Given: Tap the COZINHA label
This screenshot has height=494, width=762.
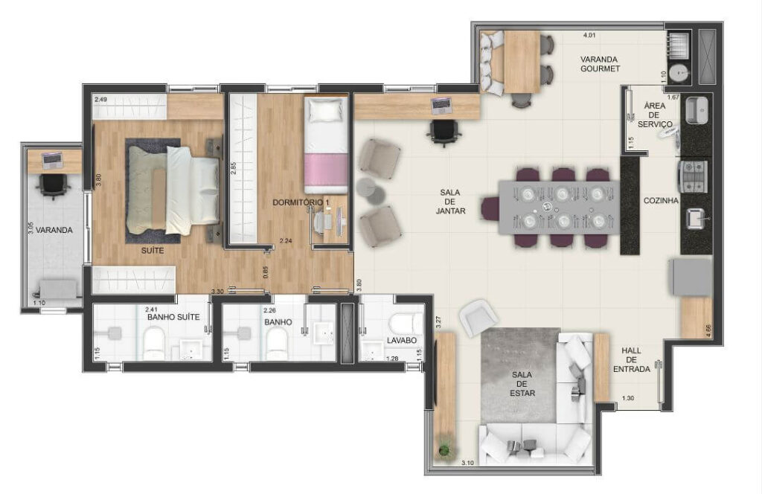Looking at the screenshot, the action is [x=661, y=201].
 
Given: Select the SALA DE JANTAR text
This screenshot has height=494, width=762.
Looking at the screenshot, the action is [x=450, y=202].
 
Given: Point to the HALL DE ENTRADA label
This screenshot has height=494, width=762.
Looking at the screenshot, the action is [x=631, y=359].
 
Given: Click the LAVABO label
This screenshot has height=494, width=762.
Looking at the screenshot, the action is [x=401, y=341].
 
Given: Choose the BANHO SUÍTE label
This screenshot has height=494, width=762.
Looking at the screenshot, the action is [x=173, y=317].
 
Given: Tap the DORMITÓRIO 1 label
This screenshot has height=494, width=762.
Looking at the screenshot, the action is [x=301, y=202].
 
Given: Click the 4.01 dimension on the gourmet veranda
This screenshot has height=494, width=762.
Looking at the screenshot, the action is [x=589, y=35].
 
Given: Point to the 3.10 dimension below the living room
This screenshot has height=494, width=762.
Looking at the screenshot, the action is [x=467, y=463].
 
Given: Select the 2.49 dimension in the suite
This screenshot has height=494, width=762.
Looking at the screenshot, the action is [x=100, y=100].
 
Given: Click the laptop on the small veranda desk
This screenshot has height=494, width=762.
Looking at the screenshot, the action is [x=52, y=160].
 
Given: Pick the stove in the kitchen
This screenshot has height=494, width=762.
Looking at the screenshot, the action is [x=694, y=176].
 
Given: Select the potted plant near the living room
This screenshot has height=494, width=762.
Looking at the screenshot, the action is [x=444, y=450].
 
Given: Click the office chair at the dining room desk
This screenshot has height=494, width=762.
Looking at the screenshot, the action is [x=444, y=132].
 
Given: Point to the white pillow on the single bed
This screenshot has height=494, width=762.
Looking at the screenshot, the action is [x=326, y=110].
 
